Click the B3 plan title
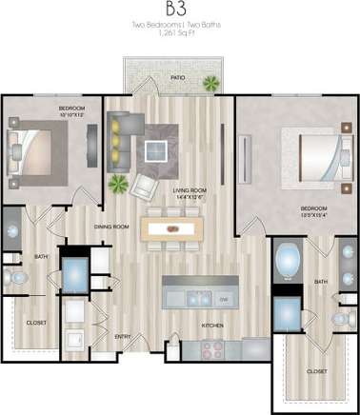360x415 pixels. [180, 10]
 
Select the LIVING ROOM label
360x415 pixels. [190, 191]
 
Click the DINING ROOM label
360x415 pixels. [111, 227]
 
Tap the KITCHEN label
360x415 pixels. [212, 326]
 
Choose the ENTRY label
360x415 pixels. [124, 336]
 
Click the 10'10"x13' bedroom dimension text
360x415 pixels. [72, 116]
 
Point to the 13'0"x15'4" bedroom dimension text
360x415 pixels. [314, 214]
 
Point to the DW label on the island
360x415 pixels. [224, 299]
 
